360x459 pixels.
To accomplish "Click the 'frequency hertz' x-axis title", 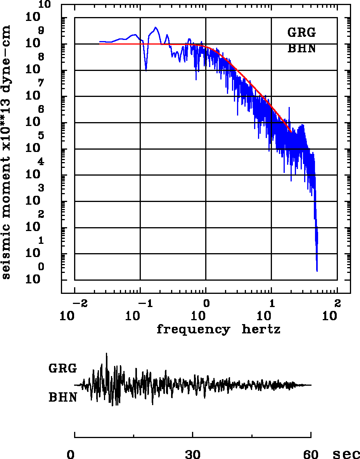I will (218, 330).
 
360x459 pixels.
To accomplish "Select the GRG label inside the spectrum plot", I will (301, 33).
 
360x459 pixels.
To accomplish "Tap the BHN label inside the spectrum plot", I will (301, 49).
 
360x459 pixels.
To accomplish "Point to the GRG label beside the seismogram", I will (63, 368).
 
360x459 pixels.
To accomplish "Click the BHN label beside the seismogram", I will (63, 397).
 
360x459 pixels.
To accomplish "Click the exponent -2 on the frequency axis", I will (79, 303).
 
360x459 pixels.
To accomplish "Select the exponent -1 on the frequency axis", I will (144, 303).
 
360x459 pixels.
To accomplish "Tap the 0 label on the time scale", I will (71, 454).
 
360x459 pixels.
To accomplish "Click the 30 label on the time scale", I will (193, 454).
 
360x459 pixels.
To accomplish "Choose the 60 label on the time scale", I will (311, 454).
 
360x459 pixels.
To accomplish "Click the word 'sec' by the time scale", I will (346, 454).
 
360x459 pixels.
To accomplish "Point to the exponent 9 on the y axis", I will (41, 30).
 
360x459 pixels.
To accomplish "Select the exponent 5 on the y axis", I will (41, 136).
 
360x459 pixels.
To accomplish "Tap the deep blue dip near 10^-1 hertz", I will (146, 70).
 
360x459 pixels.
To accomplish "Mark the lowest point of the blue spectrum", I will (317, 271).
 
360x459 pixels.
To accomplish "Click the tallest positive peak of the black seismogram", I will (106, 354).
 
